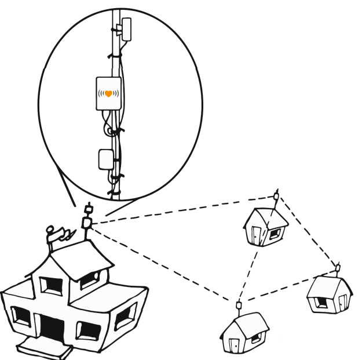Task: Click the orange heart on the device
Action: click(x=108, y=93)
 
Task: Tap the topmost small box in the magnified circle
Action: click(x=126, y=27)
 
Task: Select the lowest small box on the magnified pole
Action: click(x=105, y=159)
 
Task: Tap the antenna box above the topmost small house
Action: click(x=276, y=195)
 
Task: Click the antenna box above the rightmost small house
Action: click(x=338, y=267)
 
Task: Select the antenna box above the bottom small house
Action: click(x=238, y=305)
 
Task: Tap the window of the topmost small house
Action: click(x=275, y=234)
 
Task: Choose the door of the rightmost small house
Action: click(x=343, y=301)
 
